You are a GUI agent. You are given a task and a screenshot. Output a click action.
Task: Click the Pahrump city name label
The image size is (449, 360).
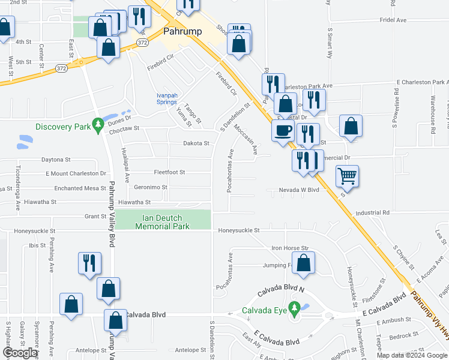coord(182,32)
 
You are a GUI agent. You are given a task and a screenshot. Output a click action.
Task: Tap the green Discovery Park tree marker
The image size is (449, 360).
coord(98,126)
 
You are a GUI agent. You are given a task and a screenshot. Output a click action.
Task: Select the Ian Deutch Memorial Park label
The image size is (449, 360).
coord(163,221)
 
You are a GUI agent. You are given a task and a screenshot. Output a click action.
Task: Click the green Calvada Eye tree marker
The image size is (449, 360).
coord(294,310)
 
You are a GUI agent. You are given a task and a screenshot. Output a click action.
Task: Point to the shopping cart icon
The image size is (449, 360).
coord(347,176)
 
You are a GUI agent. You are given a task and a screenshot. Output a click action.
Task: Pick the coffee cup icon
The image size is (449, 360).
coord(283,130)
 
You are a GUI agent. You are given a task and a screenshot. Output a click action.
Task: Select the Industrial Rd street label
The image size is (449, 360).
coord(372,212)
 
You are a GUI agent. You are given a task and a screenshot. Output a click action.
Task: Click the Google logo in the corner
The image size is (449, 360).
coord(20,353)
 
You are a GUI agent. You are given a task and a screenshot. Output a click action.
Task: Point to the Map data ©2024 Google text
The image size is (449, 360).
coord(412,355)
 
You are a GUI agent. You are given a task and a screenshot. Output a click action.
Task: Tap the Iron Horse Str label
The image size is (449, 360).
coord(289,247)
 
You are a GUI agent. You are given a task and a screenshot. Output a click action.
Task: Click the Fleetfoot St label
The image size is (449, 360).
coord(169,172)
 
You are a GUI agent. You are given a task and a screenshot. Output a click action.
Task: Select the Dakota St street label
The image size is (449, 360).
coord(196,143)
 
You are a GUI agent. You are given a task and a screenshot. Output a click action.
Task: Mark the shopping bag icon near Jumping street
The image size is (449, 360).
coord(304,263)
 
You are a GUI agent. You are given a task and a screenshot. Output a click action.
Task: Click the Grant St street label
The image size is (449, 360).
coord(95,216)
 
